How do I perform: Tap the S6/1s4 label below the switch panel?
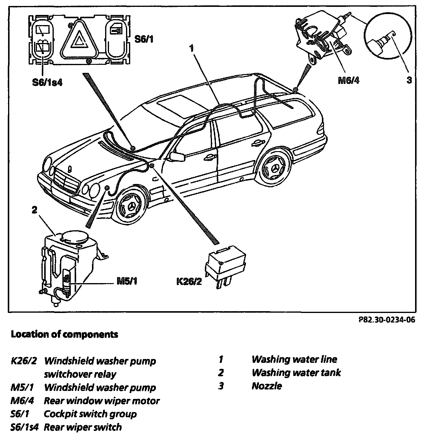pyautogui.click(x=47, y=82)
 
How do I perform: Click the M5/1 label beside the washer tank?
pyautogui.click(x=127, y=281)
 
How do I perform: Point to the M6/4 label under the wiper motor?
pyautogui.click(x=348, y=81)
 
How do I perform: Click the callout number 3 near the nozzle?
pyautogui.click(x=409, y=80)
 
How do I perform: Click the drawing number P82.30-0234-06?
pyautogui.click(x=386, y=320)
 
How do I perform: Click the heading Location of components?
pyautogui.click(x=64, y=334)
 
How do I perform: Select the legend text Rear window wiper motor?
pyautogui.click(x=102, y=400)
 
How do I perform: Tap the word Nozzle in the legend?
pyautogui.click(x=267, y=386)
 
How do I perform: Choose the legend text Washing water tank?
pyautogui.click(x=296, y=372)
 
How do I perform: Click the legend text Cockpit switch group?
pyautogui.click(x=90, y=414)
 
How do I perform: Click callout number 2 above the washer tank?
pyautogui.click(x=34, y=210)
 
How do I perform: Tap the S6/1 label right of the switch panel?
pyautogui.click(x=144, y=39)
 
